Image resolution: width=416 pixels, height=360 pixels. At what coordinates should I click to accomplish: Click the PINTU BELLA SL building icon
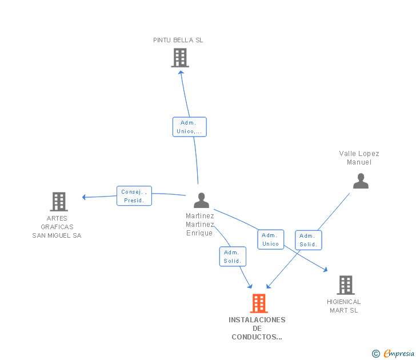179,58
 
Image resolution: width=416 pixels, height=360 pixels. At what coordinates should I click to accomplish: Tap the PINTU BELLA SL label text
178,40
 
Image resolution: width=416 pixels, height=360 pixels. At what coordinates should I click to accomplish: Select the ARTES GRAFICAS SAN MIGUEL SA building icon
59,202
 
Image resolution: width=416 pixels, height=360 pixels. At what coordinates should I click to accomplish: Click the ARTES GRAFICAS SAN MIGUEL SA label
57,227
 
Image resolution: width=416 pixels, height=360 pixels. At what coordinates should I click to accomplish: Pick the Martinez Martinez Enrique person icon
201,201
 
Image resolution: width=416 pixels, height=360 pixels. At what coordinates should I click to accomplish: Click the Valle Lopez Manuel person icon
361,181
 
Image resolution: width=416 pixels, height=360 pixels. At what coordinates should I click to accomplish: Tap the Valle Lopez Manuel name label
359,158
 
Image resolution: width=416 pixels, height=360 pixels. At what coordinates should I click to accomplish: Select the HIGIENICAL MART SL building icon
345,285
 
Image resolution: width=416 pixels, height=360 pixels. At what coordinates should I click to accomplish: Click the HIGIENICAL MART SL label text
344,306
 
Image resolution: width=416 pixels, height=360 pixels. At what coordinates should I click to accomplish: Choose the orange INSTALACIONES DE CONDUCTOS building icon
259,303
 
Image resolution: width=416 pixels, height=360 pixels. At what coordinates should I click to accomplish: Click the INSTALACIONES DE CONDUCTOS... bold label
257,328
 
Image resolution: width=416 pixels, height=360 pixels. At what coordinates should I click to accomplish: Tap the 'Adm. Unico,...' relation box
189,127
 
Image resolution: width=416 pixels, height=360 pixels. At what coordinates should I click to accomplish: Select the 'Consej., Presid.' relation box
134,196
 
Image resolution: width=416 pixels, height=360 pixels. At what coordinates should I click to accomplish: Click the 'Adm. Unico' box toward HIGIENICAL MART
270,239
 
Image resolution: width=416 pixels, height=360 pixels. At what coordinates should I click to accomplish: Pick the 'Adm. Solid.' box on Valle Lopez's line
309,240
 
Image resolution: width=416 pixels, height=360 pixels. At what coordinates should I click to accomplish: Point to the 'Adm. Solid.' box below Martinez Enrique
233,257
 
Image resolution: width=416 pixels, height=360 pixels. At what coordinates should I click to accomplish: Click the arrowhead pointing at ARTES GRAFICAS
84,197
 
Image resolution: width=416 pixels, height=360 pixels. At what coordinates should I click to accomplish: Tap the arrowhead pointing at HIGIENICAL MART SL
326,270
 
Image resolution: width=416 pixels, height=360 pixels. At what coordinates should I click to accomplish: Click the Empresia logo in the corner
394,353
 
